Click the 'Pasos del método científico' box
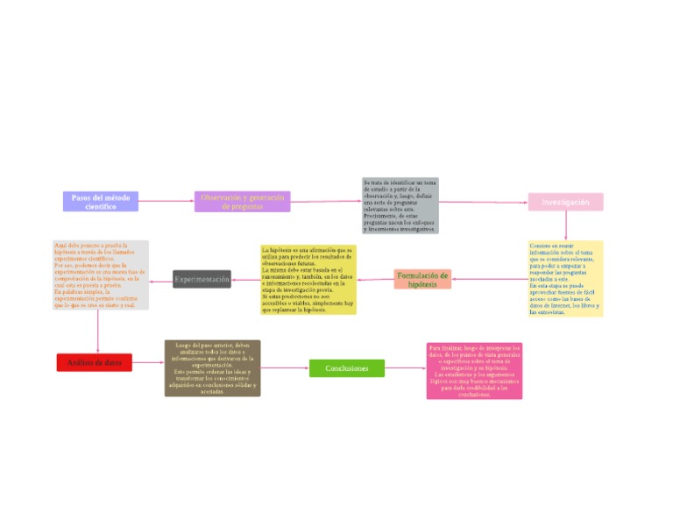(x=100, y=201)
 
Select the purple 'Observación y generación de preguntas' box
(x=242, y=202)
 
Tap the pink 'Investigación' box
(x=565, y=202)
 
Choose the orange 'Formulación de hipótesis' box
(x=422, y=279)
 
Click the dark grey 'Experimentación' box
(x=202, y=279)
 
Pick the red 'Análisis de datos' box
(x=94, y=362)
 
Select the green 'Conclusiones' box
(x=346, y=368)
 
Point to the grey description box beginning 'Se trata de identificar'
(x=400, y=205)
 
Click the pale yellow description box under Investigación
(x=565, y=278)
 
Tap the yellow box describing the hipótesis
(x=308, y=280)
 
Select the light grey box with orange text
(x=101, y=275)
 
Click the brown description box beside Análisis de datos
(x=212, y=368)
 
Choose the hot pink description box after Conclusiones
(x=474, y=371)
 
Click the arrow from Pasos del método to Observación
(x=166, y=202)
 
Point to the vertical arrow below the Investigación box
(x=565, y=225)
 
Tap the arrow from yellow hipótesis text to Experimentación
(x=246, y=280)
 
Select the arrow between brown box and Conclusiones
(x=285, y=368)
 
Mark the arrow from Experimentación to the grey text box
(x=161, y=281)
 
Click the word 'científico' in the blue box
(x=100, y=206)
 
